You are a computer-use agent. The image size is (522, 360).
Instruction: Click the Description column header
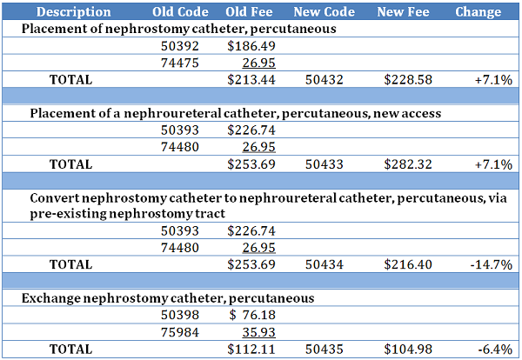[74, 12]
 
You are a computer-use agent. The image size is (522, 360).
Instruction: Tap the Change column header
[478, 12]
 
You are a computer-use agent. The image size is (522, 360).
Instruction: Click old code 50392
[181, 46]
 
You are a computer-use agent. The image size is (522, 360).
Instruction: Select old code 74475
[181, 63]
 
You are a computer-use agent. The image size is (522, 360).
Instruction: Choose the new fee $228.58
[409, 79]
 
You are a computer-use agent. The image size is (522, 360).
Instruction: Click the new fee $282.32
[409, 163]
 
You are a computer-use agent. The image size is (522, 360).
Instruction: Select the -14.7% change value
[492, 263]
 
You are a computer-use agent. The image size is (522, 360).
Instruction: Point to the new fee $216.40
[409, 263]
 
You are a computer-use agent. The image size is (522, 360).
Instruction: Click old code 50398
[181, 314]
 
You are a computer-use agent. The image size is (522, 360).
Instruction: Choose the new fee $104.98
[409, 348]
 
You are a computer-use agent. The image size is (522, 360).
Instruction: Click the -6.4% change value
[494, 348]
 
